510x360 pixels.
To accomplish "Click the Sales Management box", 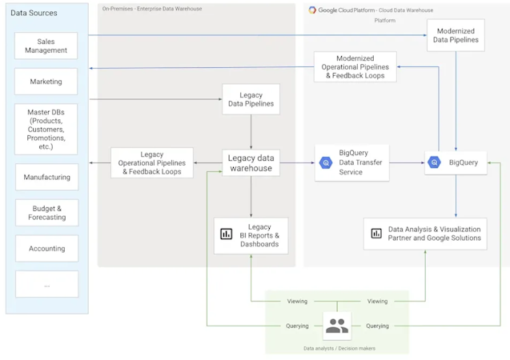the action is pyautogui.click(x=46, y=46).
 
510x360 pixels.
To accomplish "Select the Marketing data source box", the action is pyautogui.click(x=46, y=82).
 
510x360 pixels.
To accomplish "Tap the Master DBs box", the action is pyautogui.click(x=46, y=129).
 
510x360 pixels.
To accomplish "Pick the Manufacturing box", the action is pyautogui.click(x=46, y=177).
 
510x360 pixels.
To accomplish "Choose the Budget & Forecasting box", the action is pyautogui.click(x=46, y=213).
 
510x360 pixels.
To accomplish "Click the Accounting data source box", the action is pyautogui.click(x=46, y=248).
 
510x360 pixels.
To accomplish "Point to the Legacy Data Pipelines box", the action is pyautogui.click(x=251, y=99).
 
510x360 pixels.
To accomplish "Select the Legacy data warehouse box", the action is pyautogui.click(x=251, y=162).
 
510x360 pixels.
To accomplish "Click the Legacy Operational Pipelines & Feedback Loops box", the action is pyautogui.click(x=152, y=162).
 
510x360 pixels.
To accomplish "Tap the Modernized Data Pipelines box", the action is pyautogui.click(x=456, y=35).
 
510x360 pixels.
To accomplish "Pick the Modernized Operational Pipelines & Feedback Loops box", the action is pyautogui.click(x=355, y=66).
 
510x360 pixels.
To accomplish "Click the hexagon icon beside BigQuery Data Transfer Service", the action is pyautogui.click(x=326, y=162).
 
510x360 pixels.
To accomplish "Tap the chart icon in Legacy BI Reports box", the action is pyautogui.click(x=226, y=234).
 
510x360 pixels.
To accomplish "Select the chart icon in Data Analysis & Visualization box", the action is pyautogui.click(x=376, y=233).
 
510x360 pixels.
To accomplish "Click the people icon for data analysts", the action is pyautogui.click(x=337, y=326).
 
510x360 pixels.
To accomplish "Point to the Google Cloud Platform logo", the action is pyautogui.click(x=312, y=10).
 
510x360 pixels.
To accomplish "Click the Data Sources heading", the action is pyautogui.click(x=34, y=13).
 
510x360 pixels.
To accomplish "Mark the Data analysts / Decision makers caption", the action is pyautogui.click(x=339, y=348).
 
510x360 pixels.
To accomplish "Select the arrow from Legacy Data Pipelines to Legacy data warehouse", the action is pyautogui.click(x=251, y=132).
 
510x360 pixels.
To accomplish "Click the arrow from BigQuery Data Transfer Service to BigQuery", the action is pyautogui.click(x=407, y=162).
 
